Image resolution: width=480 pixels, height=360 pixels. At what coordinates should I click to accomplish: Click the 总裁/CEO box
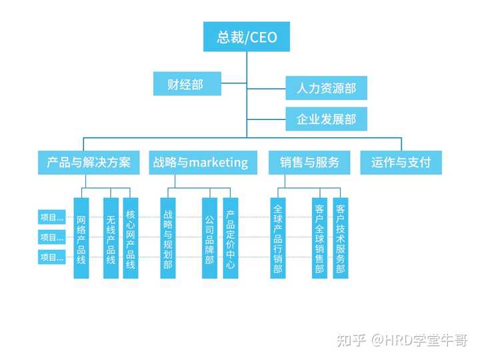point(247,37)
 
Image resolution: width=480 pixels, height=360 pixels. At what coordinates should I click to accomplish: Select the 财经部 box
point(187,84)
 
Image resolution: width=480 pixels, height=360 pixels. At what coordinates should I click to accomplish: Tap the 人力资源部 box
point(326,88)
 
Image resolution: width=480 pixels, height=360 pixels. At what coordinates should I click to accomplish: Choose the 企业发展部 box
point(326,120)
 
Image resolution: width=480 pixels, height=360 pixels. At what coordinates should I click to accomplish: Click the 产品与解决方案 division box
point(89,162)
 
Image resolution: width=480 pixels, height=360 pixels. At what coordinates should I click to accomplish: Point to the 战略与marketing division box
point(201,162)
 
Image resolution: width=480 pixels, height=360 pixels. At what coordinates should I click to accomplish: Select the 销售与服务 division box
point(310,162)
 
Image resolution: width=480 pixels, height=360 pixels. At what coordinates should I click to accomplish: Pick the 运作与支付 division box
point(401,162)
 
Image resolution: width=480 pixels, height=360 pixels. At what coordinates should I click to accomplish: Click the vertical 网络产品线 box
point(81,238)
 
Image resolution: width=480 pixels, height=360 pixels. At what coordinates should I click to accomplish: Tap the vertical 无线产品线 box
point(111,238)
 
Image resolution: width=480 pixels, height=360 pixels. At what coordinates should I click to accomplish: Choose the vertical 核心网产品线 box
point(131,238)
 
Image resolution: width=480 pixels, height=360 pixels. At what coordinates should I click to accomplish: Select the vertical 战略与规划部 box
point(168,238)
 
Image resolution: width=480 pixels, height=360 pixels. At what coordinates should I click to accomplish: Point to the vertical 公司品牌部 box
point(209,238)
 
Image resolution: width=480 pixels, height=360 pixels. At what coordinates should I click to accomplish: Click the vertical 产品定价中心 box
point(230,238)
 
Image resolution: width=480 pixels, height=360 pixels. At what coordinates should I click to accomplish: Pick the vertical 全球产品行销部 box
point(278,238)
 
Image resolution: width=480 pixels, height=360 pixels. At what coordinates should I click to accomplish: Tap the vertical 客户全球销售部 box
point(319,238)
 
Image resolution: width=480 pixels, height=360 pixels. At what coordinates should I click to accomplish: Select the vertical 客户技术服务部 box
point(341,238)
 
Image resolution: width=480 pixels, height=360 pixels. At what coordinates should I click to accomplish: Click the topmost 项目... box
point(52,217)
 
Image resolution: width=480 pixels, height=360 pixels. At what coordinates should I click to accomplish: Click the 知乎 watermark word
point(352,341)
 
